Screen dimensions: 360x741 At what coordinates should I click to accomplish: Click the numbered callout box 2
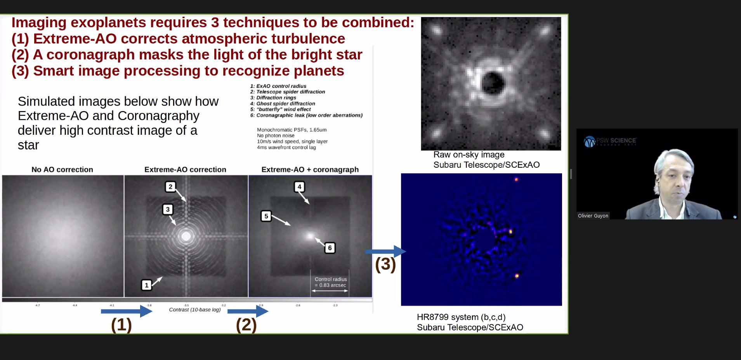[170, 187]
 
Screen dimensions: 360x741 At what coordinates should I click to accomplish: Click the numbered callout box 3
[168, 209]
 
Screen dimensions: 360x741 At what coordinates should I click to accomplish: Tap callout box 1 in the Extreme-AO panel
[146, 285]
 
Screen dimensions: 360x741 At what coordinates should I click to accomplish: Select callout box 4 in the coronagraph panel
[299, 187]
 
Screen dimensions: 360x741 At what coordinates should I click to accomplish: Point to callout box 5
[266, 216]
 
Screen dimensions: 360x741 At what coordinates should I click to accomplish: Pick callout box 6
[330, 248]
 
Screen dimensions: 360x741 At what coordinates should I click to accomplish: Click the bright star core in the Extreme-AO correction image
[186, 236]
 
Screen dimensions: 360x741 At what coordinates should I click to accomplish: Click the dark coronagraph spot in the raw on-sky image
[493, 83]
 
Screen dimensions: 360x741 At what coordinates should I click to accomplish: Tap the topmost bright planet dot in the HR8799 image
[516, 179]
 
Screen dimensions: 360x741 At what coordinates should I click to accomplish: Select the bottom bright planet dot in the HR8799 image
[517, 276]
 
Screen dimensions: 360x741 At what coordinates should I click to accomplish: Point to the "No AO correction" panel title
[62, 170]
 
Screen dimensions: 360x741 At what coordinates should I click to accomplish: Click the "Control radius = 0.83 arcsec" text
[330, 282]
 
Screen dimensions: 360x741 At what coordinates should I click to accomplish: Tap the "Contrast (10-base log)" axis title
[194, 310]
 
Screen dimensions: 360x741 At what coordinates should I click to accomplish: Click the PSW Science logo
[610, 141]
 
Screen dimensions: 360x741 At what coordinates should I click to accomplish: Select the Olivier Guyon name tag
[593, 216]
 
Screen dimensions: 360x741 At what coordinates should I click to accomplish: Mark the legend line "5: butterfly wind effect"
[280, 110]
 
